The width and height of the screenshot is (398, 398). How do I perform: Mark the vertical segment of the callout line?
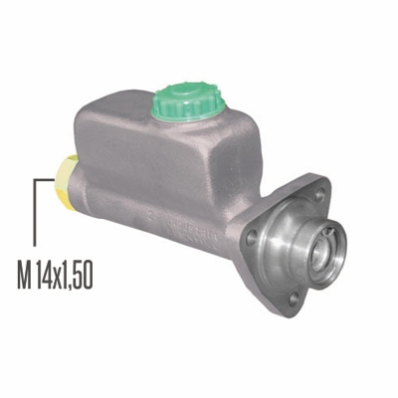click(x=35, y=213)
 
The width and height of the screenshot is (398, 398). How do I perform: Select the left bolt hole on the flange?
click(x=253, y=237)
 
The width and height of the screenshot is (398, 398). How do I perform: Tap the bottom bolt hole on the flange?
click(x=291, y=298)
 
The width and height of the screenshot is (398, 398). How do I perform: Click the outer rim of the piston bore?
click(x=335, y=248)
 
